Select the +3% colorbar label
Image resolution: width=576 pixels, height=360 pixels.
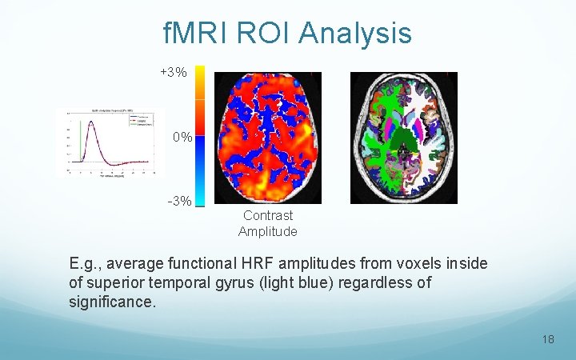(x=174, y=73)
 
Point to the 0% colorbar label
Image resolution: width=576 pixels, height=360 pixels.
(x=182, y=138)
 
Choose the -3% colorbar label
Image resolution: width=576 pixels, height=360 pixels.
(x=179, y=201)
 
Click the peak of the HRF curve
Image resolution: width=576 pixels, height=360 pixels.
(x=90, y=122)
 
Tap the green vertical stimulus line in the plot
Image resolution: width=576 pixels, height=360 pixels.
(x=81, y=144)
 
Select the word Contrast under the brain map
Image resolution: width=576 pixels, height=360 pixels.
(x=268, y=215)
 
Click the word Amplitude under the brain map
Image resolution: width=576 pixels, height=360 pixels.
(x=268, y=232)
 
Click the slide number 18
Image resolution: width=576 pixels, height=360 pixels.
(x=547, y=339)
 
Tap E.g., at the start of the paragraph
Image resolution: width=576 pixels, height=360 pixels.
(x=84, y=263)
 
